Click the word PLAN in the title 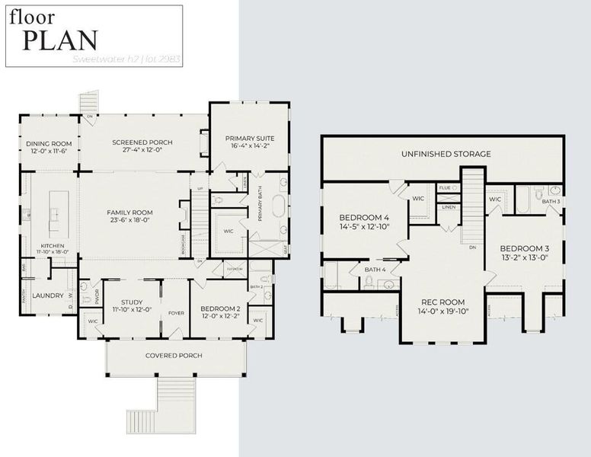point(59,39)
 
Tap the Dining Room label point(49,143)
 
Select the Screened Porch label point(142,142)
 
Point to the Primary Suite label point(250,139)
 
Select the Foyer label point(176,312)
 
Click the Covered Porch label point(173,356)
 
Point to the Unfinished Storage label point(446,154)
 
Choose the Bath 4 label point(374,270)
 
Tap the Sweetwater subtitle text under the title point(126,58)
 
